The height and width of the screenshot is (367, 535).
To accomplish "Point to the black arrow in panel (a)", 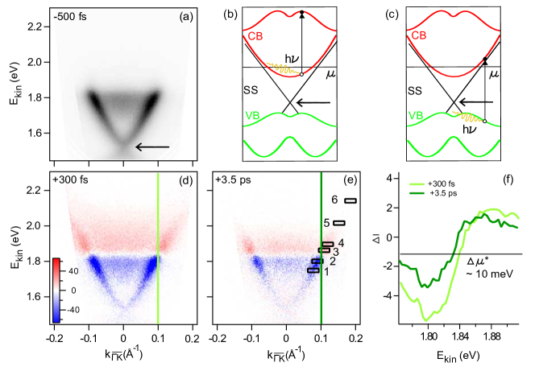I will pyautogui.click(x=152, y=146).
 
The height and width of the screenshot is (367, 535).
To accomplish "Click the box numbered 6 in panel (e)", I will pyautogui.click(x=350, y=200).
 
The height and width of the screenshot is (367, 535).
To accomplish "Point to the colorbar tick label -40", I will pyautogui.click(x=75, y=307).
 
